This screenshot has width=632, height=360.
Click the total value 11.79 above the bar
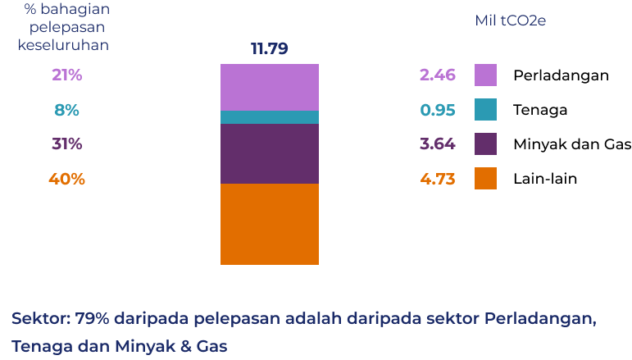[269, 49]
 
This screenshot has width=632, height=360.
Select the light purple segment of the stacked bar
[269, 87]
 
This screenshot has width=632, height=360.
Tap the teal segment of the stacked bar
[269, 117]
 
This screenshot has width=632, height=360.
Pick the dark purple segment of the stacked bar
[269, 153]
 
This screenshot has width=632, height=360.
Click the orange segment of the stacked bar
[269, 224]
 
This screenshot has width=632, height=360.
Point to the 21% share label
[67, 75]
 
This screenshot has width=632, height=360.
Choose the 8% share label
[67, 110]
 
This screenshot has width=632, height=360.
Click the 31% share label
[67, 144]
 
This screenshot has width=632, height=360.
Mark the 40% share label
[67, 179]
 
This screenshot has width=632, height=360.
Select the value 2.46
[437, 75]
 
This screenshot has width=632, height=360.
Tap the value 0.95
[437, 110]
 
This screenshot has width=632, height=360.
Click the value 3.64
[437, 144]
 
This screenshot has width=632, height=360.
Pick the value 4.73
[437, 179]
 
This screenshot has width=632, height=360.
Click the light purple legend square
[485, 75]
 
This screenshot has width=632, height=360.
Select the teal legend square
[485, 110]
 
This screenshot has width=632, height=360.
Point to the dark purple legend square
[485, 144]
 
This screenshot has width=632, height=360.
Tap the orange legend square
[485, 179]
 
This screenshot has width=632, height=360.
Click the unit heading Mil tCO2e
[510, 21]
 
